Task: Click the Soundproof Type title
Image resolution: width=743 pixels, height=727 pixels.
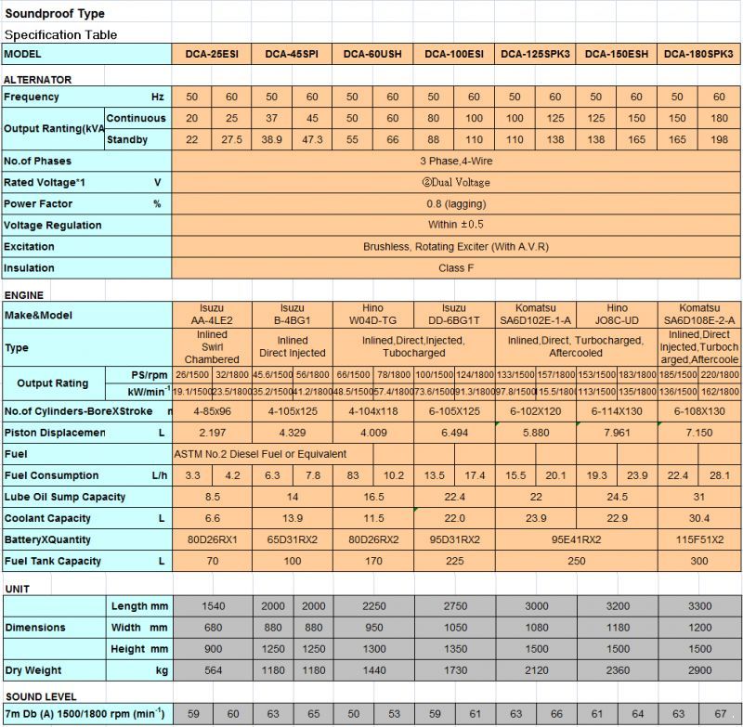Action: click(55, 14)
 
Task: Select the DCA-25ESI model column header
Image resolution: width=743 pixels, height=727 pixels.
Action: click(211, 55)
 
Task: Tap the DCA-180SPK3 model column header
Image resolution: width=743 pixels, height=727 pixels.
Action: click(699, 55)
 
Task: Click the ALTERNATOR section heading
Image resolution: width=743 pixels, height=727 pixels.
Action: click(38, 80)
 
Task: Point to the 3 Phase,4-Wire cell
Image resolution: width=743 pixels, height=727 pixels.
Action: click(455, 162)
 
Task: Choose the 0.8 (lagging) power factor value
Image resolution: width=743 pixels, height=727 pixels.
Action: click(455, 204)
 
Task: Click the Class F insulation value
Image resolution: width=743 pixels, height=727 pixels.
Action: click(455, 268)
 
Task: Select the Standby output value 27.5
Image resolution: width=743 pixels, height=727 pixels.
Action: click(231, 140)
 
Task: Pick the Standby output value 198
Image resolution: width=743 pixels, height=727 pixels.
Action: click(719, 140)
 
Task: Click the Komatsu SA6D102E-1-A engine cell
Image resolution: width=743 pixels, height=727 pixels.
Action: click(536, 315)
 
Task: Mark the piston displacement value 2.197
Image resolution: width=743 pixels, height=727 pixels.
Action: click(212, 433)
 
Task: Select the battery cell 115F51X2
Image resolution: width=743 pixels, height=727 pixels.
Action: click(699, 539)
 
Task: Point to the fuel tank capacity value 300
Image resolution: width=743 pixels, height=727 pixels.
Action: click(699, 561)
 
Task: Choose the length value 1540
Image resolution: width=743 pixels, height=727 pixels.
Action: click(212, 605)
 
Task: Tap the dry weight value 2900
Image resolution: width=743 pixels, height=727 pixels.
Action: click(699, 669)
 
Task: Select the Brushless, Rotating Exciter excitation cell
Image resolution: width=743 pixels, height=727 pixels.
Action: click(455, 247)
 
